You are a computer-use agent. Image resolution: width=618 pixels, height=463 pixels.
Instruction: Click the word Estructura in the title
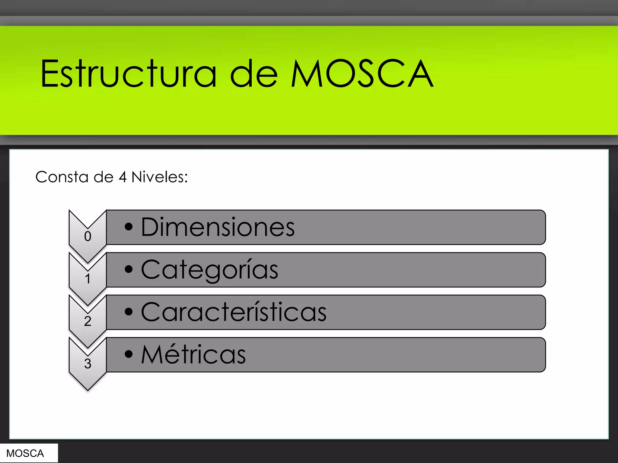point(128,74)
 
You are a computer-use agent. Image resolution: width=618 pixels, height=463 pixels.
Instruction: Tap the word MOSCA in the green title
point(362,74)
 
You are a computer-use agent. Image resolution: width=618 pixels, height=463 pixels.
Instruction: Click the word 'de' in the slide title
point(253,74)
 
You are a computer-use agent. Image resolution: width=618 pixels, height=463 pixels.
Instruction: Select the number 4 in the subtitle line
point(122,177)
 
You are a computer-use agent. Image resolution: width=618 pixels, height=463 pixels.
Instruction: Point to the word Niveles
point(159,177)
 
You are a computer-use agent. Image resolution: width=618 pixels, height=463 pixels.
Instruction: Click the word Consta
point(62,177)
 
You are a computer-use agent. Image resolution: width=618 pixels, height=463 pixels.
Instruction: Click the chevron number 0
point(88,236)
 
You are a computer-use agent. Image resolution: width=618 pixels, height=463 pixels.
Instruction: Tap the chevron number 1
point(88,279)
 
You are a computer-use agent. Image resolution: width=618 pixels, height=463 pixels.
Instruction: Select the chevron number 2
point(88,321)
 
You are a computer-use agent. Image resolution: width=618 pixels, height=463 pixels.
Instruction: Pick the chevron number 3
point(88,364)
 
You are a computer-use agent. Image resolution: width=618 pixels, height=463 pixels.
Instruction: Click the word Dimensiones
point(218,227)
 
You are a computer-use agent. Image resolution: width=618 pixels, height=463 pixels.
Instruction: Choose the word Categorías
point(209,270)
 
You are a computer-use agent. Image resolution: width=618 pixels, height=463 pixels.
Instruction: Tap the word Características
point(234,312)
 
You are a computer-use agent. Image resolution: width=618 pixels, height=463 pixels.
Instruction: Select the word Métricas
point(193,355)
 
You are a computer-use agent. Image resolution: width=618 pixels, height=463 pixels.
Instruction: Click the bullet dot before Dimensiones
point(129,227)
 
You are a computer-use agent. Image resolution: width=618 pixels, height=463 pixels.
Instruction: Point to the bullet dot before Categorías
point(129,269)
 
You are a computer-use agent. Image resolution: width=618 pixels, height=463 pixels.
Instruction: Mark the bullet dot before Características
point(129,312)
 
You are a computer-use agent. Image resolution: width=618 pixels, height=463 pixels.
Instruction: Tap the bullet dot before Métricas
point(129,354)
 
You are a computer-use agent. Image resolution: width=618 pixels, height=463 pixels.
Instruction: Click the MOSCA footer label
point(25,453)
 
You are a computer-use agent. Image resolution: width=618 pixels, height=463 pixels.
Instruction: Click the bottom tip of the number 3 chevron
point(88,389)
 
